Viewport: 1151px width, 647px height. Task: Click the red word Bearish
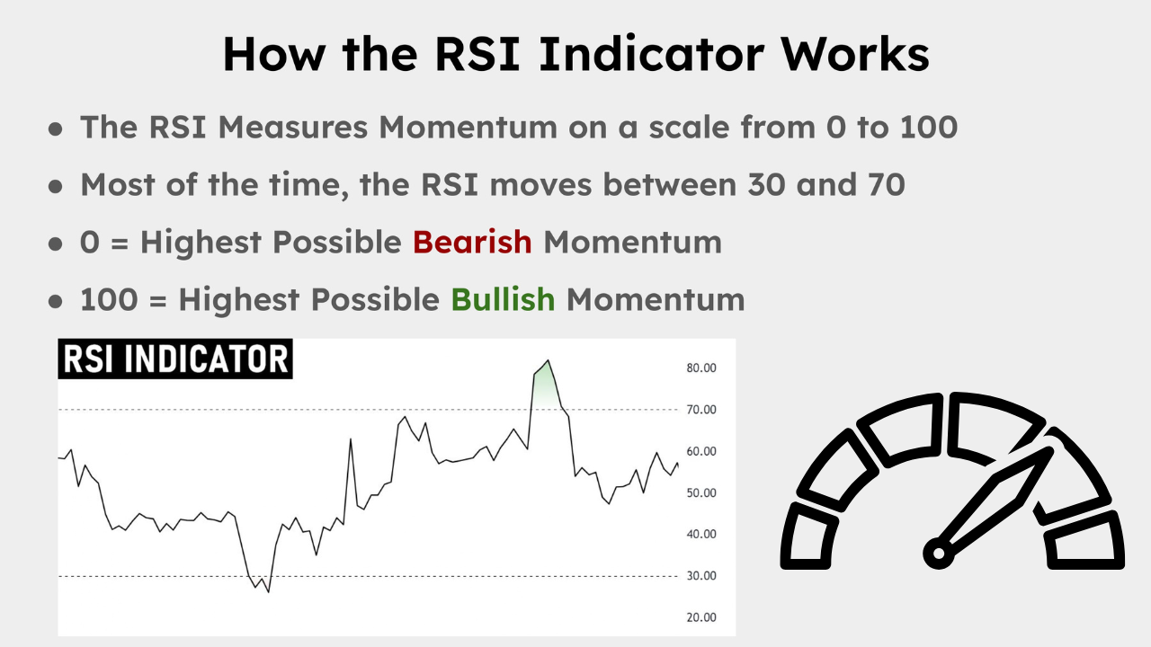[x=472, y=242]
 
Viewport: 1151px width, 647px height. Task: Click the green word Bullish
[x=503, y=299]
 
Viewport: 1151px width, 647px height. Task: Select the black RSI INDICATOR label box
[x=175, y=359]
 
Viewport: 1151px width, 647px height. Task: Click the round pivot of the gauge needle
[x=939, y=553]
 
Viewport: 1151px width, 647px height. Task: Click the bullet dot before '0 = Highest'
[x=56, y=244]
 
